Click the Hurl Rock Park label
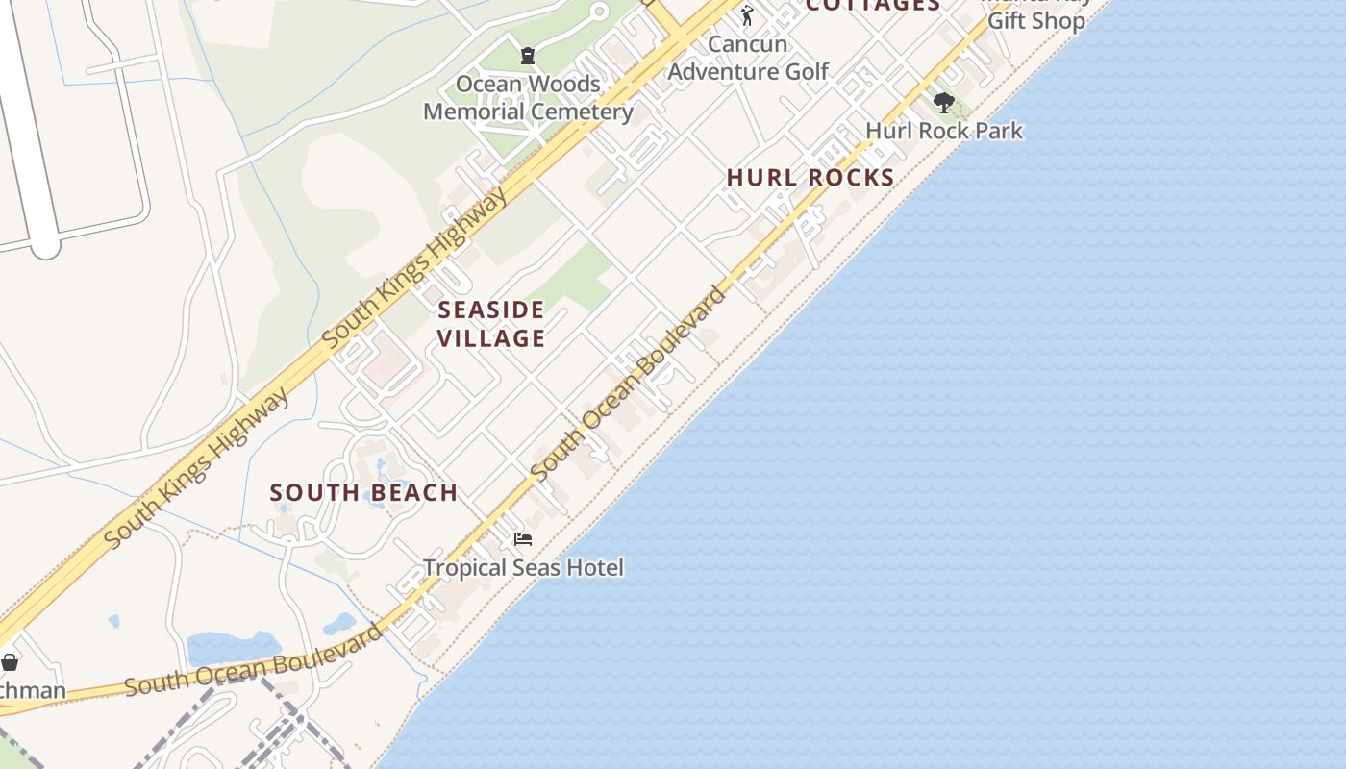pyautogui.click(x=944, y=131)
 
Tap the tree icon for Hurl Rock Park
pyautogui.click(x=943, y=102)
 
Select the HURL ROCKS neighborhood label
pyautogui.click(x=810, y=178)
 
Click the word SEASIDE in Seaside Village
pyautogui.click(x=491, y=310)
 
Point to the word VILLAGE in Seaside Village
pyautogui.click(x=491, y=338)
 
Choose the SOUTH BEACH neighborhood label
pyautogui.click(x=363, y=493)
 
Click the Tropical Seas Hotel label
pyautogui.click(x=523, y=568)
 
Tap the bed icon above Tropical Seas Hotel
pyautogui.click(x=523, y=539)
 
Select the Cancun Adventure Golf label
pyautogui.click(x=748, y=58)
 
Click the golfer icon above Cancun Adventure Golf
pyautogui.click(x=747, y=15)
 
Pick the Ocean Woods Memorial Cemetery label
pyautogui.click(x=528, y=98)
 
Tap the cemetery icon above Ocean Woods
pyautogui.click(x=527, y=56)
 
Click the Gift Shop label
pyautogui.click(x=1036, y=20)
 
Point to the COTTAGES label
pyautogui.click(x=872, y=6)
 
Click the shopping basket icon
pyautogui.click(x=10, y=662)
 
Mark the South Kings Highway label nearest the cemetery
pyautogui.click(x=414, y=267)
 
